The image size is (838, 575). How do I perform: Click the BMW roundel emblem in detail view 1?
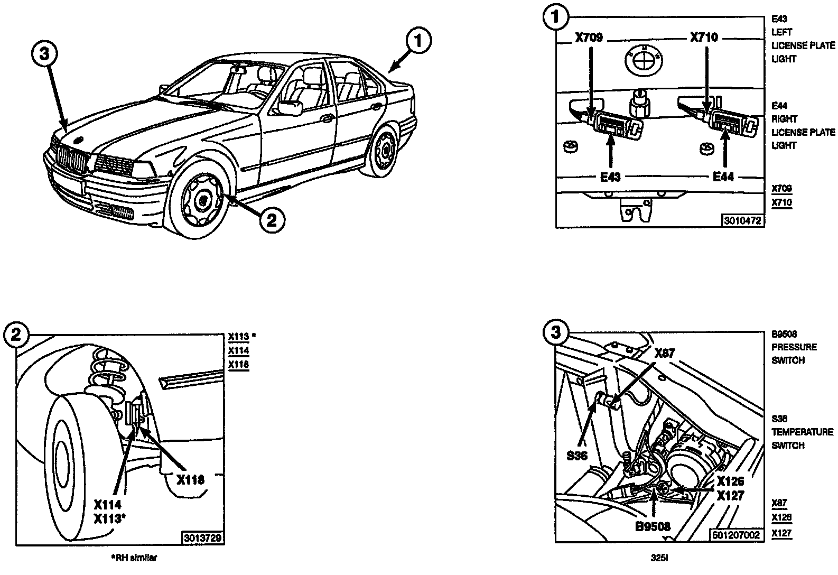click(642, 60)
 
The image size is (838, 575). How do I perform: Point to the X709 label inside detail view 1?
click(589, 38)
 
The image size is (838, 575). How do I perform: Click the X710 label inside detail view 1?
click(704, 38)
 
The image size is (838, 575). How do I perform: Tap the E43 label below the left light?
click(610, 177)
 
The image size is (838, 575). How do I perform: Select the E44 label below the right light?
click(723, 177)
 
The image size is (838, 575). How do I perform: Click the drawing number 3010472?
click(742, 221)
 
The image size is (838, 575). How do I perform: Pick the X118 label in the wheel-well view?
click(190, 480)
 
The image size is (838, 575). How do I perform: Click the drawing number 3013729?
click(203, 538)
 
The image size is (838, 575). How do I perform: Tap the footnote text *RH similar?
click(134, 557)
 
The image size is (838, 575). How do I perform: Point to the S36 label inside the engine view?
click(577, 455)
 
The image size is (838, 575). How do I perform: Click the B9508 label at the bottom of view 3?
click(653, 526)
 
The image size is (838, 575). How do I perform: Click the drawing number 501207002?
click(735, 535)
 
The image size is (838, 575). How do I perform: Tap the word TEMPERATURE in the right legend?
click(802, 432)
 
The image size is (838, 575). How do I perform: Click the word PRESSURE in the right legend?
click(794, 347)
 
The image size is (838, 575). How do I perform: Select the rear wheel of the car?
click(384, 150)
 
